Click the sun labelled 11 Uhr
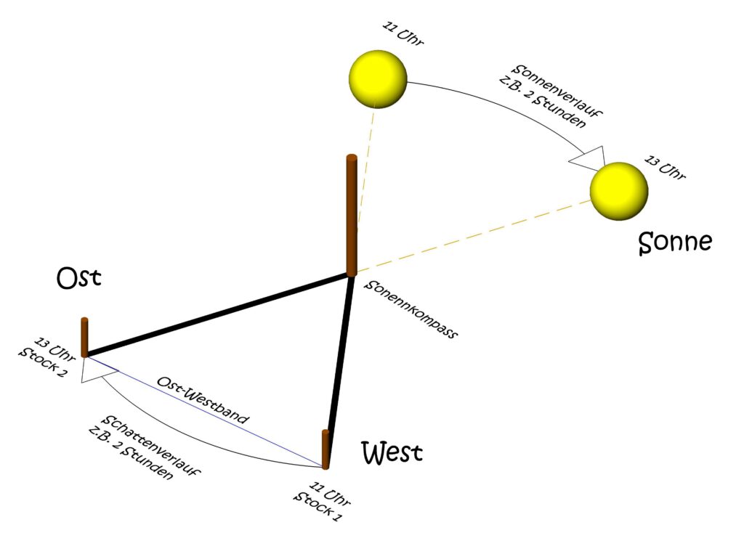(378, 78)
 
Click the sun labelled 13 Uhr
(618, 192)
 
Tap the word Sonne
(674, 242)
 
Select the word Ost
(78, 279)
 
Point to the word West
(392, 454)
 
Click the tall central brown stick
(352, 215)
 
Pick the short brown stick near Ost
(84, 337)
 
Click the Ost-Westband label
(203, 399)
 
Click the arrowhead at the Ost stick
(97, 370)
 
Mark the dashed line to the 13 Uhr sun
(472, 236)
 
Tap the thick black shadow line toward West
(339, 356)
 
